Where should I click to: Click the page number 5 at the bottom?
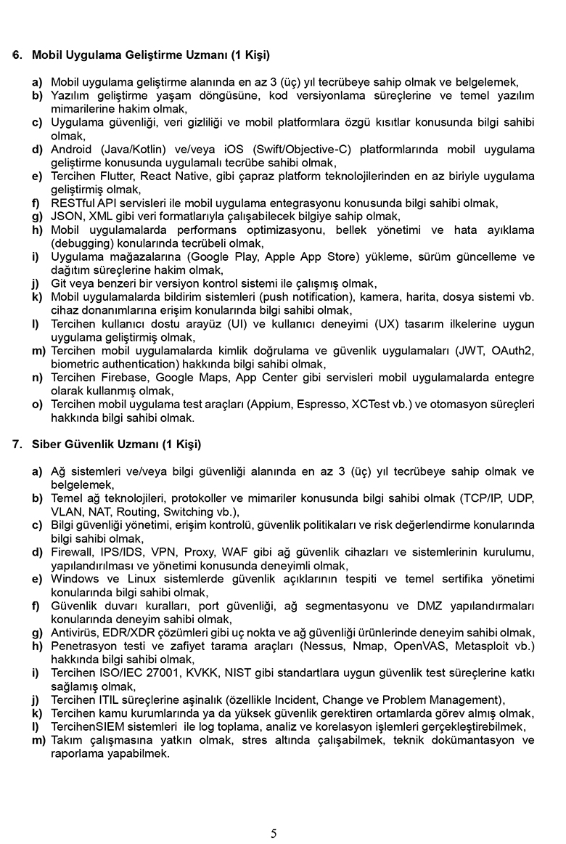(x=274, y=833)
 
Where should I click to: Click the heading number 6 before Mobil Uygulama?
(x=17, y=54)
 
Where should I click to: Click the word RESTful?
(x=73, y=203)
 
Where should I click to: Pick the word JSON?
(x=65, y=216)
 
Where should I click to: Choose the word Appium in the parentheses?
(x=268, y=405)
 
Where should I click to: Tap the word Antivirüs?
(x=75, y=632)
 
